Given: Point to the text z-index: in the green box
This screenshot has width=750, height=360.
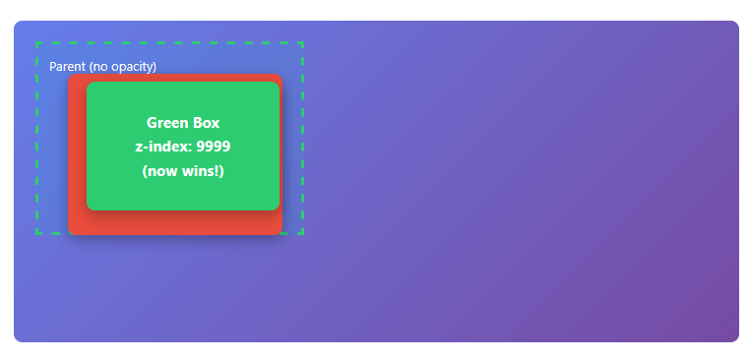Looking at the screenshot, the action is (x=163, y=147).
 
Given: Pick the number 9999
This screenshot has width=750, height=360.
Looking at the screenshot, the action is (x=214, y=147).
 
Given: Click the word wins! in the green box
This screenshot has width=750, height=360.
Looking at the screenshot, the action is (x=204, y=171).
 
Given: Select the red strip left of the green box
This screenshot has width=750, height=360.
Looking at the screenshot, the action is (x=77, y=154).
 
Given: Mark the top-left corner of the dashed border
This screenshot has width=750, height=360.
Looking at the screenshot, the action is (x=36, y=42).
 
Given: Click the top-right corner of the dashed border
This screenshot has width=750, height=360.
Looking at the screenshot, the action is (x=303, y=42).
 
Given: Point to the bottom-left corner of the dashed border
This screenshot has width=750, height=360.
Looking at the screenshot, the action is (x=36, y=234).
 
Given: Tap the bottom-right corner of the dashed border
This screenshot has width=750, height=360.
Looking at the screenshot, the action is (x=303, y=234).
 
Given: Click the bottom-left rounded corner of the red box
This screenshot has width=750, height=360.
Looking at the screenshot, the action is (x=70, y=233).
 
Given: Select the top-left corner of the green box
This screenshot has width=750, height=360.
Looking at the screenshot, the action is (x=89, y=84).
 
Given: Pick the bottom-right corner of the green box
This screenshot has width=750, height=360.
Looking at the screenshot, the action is (x=278, y=209).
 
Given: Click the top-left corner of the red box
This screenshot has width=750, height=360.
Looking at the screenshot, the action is (x=70, y=76).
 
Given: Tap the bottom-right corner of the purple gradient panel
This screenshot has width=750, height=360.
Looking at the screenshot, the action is (x=737, y=340).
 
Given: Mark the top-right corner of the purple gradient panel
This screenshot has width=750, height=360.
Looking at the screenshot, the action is (x=737, y=23).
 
